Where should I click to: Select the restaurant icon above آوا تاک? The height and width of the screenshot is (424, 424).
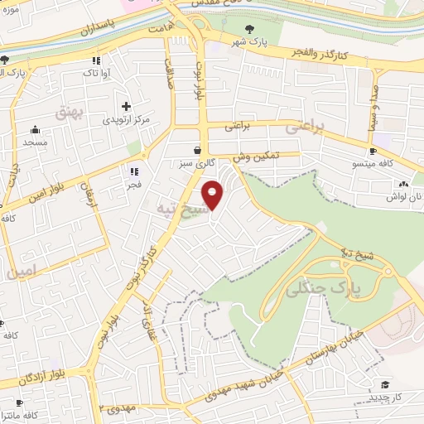click(97, 60)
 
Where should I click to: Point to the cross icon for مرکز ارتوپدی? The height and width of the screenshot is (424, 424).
click(126, 106)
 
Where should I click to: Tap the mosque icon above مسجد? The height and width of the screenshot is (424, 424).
click(36, 129)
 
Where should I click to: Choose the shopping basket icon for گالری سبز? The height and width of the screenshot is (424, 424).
click(197, 151)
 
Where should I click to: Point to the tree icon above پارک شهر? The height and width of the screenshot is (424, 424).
click(249, 29)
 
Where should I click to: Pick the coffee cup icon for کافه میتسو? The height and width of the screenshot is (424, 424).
click(373, 151)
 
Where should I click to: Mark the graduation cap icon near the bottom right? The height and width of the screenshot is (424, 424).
click(384, 384)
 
